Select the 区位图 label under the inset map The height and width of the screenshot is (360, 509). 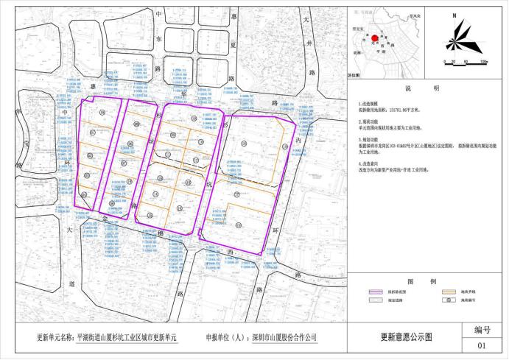[354, 74]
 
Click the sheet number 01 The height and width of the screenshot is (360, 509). [482, 345]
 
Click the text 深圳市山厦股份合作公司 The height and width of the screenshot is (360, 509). [285, 339]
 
